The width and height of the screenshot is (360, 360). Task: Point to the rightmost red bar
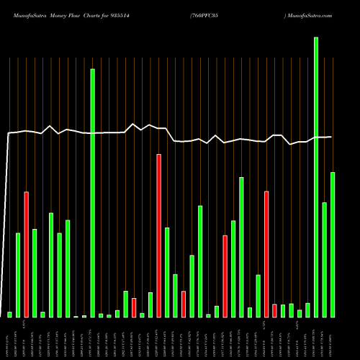coord(274,310)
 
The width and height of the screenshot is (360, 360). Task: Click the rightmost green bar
coord(333,245)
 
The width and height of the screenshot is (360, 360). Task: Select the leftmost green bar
coord(10,314)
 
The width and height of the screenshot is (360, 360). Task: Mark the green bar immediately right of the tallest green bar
coord(325,259)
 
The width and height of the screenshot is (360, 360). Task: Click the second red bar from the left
coord(134,307)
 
